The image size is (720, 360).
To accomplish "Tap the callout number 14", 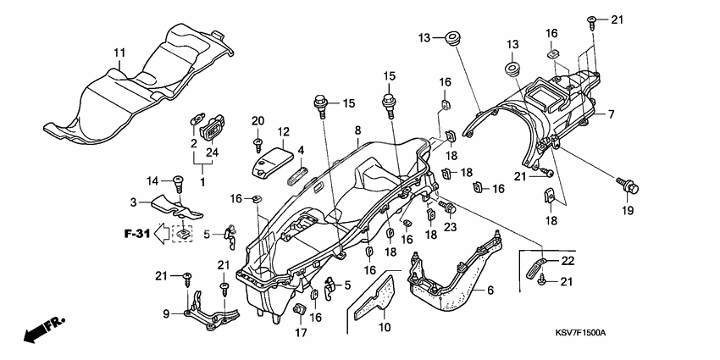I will click(152, 180).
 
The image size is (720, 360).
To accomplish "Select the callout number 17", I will click(300, 333).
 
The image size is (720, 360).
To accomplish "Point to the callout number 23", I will click(450, 226).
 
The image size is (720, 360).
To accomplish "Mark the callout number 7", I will click(610, 114).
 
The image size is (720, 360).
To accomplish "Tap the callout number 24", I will click(212, 152).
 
